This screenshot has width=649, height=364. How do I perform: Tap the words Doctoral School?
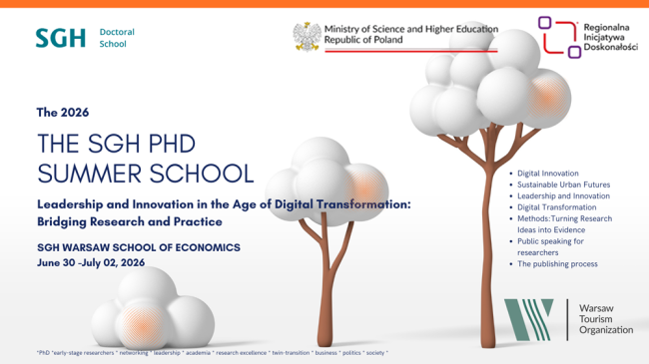point(116,38)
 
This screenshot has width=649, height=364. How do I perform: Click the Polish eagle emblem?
point(306,36)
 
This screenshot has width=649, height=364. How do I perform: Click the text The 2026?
point(63,112)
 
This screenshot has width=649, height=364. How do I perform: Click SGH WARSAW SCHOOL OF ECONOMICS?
point(138,246)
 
